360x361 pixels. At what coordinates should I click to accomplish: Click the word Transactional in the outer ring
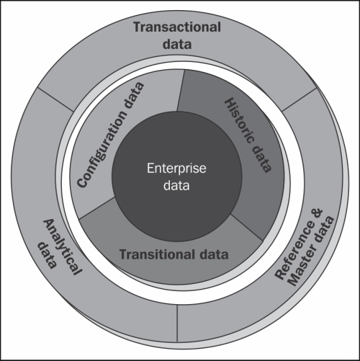point(177,27)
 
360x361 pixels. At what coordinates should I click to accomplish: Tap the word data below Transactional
point(177,44)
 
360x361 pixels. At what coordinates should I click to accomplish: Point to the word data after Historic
point(261,159)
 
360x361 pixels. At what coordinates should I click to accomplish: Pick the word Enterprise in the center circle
point(176,168)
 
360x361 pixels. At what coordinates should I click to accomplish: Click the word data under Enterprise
point(176,185)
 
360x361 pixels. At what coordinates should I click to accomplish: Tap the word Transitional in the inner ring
point(157,254)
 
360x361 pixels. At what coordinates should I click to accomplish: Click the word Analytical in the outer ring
point(63,247)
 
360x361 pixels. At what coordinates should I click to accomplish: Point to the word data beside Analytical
point(48,255)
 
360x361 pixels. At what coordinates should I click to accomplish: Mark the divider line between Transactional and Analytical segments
point(55,99)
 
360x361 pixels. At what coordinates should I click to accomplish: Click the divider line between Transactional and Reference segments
point(300,99)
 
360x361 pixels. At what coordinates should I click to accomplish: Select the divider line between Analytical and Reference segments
point(177,324)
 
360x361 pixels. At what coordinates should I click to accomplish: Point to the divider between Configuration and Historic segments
point(181,91)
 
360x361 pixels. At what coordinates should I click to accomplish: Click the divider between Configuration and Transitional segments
point(96,208)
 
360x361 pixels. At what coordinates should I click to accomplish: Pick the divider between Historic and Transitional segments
point(246,228)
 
